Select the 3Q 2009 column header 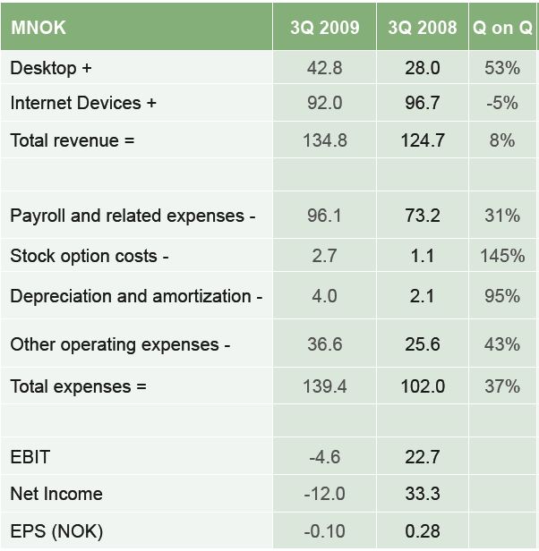pos(324,27)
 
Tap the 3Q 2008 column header pos(422,27)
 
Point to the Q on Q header pos(502,27)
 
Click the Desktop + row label pos(51,68)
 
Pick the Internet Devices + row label pos(83,103)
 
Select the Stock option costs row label pos(90,256)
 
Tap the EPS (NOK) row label pos(56,531)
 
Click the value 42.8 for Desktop pos(324,68)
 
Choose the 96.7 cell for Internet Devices pos(422,103)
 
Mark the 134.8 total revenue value pos(324,140)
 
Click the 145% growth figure pos(502,256)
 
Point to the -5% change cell pos(502,103)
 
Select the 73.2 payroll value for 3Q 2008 pos(422,216)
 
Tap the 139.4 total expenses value pos(324,386)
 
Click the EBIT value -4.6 pos(324,457)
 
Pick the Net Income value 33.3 pos(422,494)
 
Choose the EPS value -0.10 pos(324,531)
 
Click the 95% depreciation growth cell pos(502,296)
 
